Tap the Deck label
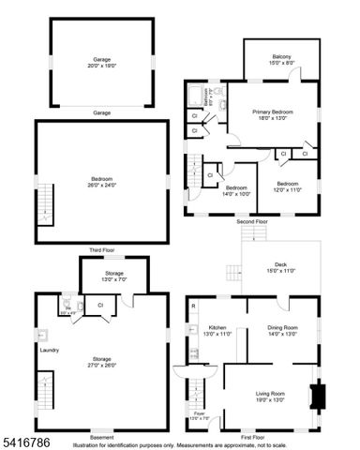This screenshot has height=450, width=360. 280,267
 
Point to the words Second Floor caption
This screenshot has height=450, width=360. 251,221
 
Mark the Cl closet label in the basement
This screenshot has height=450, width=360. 100,305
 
